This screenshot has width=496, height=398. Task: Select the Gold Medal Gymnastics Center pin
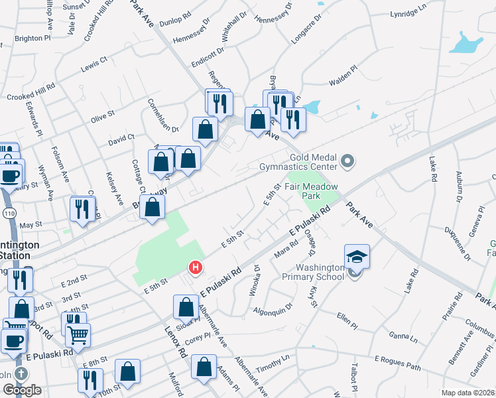tap(347, 161)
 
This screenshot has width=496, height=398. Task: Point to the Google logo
tap(22, 390)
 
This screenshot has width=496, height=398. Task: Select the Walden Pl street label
tap(343, 76)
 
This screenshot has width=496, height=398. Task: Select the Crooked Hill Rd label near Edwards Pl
tap(29, 92)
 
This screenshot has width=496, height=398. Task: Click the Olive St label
tap(103, 117)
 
